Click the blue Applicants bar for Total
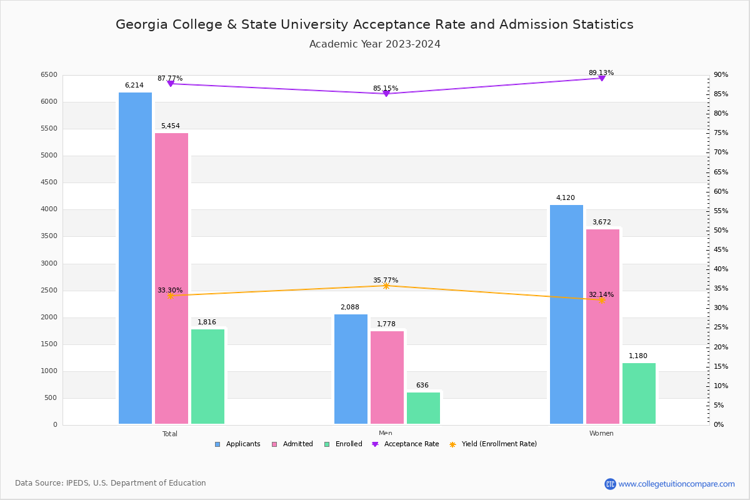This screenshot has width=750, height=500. pos(135,258)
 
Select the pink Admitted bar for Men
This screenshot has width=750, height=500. pos(387,377)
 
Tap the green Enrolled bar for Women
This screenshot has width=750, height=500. pos(639,393)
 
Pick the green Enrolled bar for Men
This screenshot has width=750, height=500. pos(423,408)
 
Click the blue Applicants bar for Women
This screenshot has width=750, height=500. pos(566,314)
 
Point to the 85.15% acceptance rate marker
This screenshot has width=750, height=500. pos(386,94)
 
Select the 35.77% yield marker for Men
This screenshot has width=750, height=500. pos(386,286)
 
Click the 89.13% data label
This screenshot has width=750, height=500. pos(601,72)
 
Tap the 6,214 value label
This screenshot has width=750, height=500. pos(134,85)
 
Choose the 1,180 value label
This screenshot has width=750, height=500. pos(637,356)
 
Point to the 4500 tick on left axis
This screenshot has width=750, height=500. pos(48,182)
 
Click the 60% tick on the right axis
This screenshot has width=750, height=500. pos(721,191)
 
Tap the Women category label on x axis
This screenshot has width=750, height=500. pos(601,434)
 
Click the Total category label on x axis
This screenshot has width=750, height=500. pos(169,434)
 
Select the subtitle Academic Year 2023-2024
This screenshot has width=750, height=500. pos(374,44)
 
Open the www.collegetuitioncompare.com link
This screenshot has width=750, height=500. pos(676,484)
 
